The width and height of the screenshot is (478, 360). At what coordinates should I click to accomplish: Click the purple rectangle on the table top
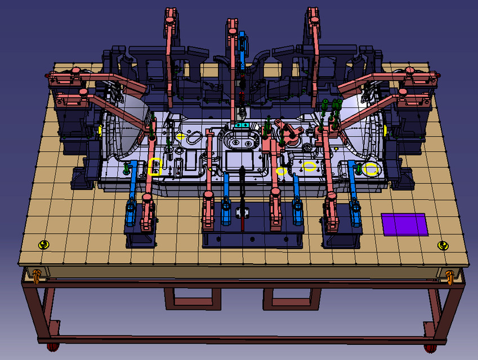pos(404,224)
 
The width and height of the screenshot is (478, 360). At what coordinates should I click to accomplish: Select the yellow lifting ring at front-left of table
pos(44,244)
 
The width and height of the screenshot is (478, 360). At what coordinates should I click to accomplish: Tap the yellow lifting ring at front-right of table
pos(444,245)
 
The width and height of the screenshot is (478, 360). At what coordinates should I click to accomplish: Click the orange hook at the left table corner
pos(37,275)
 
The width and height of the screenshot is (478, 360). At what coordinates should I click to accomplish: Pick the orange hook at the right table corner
pos(450,276)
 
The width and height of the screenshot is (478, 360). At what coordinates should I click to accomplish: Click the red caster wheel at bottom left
pos(52,345)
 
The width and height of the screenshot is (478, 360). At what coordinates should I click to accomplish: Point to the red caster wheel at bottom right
pos(430,347)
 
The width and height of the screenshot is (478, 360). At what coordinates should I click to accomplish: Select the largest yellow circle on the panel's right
pos(370,169)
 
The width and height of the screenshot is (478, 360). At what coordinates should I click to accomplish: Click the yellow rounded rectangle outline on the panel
pos(155,167)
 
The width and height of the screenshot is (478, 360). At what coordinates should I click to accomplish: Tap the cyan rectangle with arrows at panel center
pos(242,124)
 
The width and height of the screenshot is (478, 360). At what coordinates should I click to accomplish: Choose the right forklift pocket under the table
pos(292,298)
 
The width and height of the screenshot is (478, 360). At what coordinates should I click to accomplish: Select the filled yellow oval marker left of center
pos(180,136)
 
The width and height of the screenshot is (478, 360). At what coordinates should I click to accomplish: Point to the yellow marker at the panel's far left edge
pos(100,130)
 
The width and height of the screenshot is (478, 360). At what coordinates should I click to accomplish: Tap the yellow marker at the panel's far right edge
pos(385,130)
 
